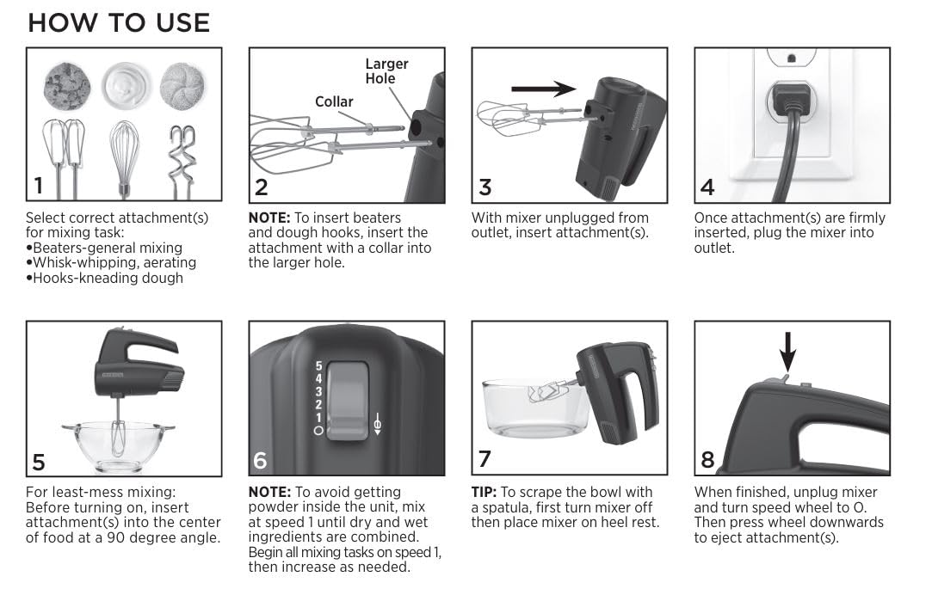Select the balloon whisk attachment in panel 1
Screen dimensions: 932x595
124,159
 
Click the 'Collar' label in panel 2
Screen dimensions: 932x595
334,101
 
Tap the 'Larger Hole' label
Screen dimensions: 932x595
386,71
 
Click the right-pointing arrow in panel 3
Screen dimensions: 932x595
542,89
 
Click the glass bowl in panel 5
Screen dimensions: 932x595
118,442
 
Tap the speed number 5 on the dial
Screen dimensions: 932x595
318,365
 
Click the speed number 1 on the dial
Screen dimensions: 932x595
318,417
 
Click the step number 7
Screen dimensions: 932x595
485,458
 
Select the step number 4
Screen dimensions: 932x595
707,186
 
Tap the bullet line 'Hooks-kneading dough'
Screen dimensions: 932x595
108,278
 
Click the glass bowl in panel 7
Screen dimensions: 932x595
525,408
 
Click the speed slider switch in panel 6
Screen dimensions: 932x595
349,396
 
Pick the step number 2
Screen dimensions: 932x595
262,186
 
